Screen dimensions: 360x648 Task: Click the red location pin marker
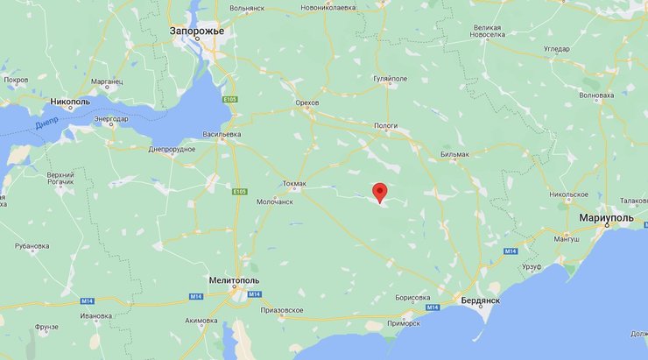pos(379,192)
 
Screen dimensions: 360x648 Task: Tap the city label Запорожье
pos(197,32)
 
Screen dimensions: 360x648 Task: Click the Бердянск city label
pos(480,300)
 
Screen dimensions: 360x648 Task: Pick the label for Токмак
pos(294,184)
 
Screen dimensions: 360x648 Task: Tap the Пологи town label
pos(385,125)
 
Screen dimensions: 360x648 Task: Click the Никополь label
pos(71,101)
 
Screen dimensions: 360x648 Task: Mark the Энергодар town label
pos(111,118)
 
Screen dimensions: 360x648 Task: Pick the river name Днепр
pos(48,126)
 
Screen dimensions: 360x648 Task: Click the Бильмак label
pos(455,154)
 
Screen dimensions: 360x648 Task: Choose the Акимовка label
pos(201,321)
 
